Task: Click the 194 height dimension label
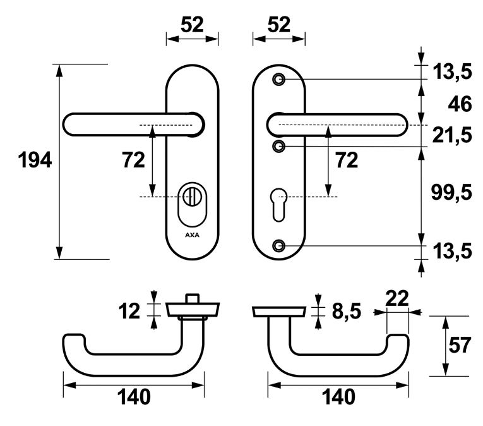pos(35,161)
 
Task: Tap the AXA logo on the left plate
pos(192,235)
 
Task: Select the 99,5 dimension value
pos(451,193)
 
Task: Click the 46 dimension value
pos(460,104)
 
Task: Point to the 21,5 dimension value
pos(452,135)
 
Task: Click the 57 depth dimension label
pos(460,345)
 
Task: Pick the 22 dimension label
pos(397,298)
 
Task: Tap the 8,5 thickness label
pos(346,311)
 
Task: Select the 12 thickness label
pos(129,311)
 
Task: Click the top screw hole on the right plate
pos(279,80)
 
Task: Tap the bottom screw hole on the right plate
pos(279,245)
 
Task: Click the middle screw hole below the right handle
pos(279,146)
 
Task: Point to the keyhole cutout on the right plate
pos(279,205)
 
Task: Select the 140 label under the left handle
pos(134,397)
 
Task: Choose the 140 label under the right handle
pos(338,397)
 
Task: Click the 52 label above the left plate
pos(192,25)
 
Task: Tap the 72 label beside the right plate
pos(347,160)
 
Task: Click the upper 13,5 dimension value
pos(452,71)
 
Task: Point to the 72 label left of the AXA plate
pos(133,160)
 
